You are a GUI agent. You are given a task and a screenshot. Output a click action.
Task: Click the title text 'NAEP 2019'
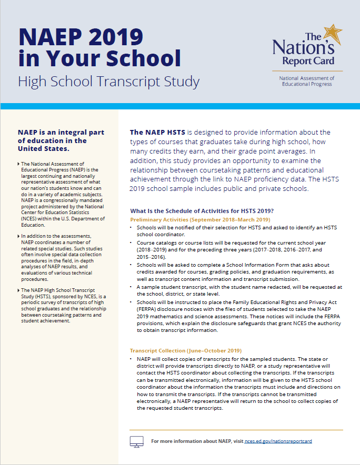[x=81, y=36]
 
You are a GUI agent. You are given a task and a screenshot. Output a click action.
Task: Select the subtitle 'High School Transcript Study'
[x=108, y=82]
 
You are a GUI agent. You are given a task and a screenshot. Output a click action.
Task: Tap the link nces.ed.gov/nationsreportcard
[x=278, y=441]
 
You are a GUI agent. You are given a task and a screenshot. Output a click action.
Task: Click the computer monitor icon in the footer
[x=136, y=441]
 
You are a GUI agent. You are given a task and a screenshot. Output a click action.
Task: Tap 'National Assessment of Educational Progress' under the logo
[x=307, y=80]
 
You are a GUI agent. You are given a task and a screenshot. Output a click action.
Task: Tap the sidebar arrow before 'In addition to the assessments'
[x=18, y=237]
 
